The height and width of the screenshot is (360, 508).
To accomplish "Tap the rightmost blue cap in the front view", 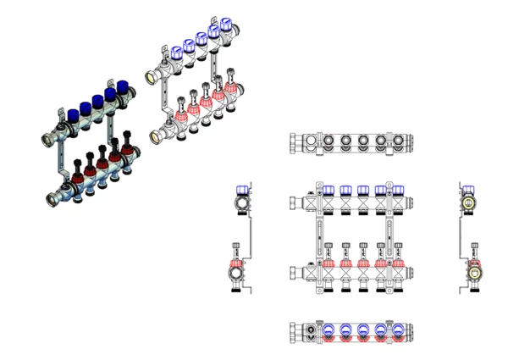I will (397, 191).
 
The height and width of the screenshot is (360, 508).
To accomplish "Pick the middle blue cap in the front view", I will (363, 191).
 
